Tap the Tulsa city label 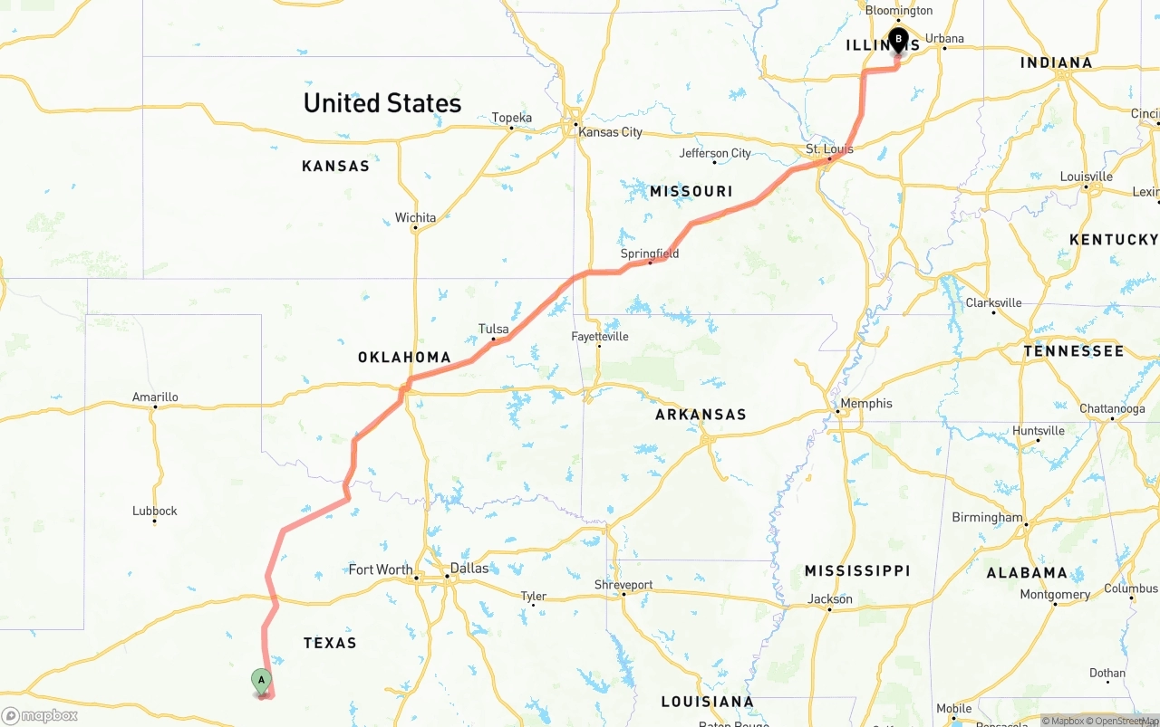[494, 330]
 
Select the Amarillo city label [155, 397]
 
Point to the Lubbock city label [155, 512]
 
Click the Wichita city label [415, 218]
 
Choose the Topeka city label [512, 118]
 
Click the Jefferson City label [715, 154]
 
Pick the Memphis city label [866, 404]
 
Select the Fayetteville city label [600, 337]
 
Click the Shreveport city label [623, 585]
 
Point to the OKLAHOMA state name [404, 358]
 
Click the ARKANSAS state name [701, 415]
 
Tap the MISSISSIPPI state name [857, 571]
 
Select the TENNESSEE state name [1074, 351]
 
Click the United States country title [382, 103]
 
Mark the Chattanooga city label [1114, 409]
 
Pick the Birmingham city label [987, 518]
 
